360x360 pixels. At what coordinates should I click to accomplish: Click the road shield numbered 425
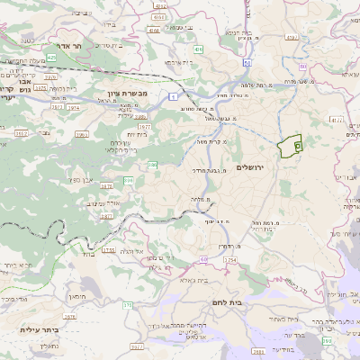pyautogui.click(x=51, y=58)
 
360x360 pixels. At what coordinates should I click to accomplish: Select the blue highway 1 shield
pyautogui.click(x=171, y=94)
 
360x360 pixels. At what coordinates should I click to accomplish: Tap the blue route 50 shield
pyautogui.click(x=246, y=64)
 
